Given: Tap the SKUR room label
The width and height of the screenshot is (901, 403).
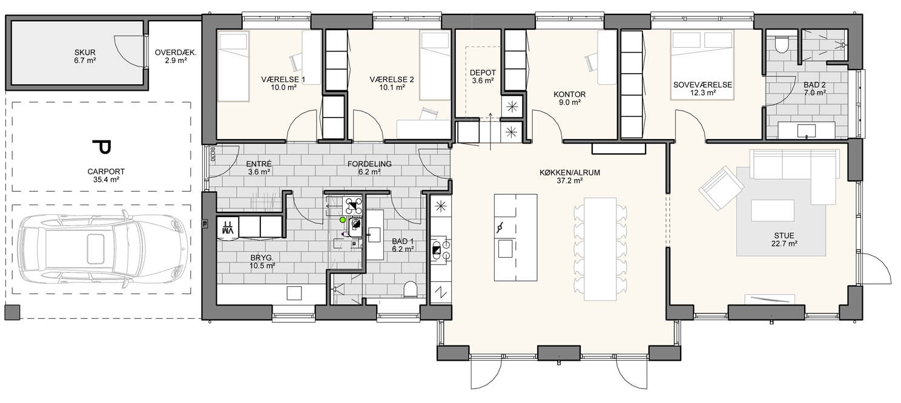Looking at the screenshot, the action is click(85, 53).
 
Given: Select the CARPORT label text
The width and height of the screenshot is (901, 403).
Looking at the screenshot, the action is click(106, 172).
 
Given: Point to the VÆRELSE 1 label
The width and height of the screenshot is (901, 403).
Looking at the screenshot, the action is click(283, 79).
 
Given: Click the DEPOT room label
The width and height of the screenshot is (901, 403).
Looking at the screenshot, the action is click(483, 73).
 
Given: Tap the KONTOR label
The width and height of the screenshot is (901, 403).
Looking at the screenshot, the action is click(570, 94).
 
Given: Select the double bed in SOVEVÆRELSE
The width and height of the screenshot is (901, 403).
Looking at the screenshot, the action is click(702, 65).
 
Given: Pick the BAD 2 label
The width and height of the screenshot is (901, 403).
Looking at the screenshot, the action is click(814, 85).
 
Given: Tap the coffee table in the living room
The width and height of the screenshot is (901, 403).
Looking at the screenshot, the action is click(772, 210).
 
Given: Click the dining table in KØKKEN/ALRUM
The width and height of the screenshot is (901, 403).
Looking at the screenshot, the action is click(600, 249).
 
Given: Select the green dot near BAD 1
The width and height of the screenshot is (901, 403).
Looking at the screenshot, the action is click(342, 220).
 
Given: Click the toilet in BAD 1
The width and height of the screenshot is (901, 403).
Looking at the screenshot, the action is click(410, 289).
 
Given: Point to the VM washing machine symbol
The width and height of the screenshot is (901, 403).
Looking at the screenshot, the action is click(228, 228).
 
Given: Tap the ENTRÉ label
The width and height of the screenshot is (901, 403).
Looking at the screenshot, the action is click(259, 164).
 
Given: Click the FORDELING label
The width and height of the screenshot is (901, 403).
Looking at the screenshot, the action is click(369, 164).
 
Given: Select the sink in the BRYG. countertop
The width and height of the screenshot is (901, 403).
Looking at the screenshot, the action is click(294, 293).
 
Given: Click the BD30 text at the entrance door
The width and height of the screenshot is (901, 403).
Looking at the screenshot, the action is click(212, 154).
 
